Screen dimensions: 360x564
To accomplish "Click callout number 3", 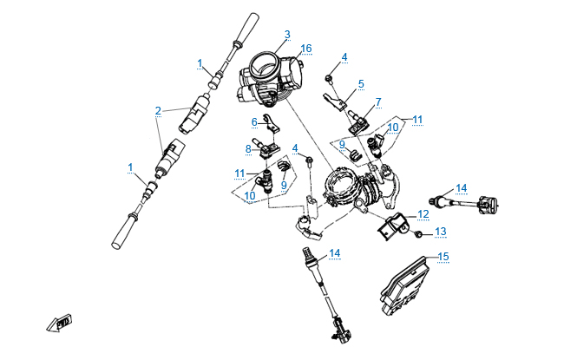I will [287, 35].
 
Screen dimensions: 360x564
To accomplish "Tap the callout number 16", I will [305, 49].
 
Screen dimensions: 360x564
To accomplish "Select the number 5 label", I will [361, 84].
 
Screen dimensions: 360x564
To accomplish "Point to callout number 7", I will [377, 102].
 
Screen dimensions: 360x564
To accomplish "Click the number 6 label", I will [255, 121].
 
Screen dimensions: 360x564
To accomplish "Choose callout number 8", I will [248, 149].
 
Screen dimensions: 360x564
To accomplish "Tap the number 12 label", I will [423, 213].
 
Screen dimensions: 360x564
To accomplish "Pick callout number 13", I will [441, 232].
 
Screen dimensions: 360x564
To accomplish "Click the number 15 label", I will [443, 257].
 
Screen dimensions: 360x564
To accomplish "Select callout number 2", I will [158, 111].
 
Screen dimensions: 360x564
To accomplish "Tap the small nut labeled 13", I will [418, 234].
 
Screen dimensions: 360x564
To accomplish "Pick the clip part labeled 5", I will [340, 105].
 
